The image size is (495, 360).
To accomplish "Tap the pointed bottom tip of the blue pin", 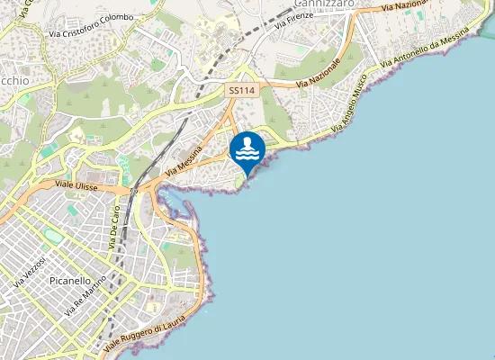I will (247, 169).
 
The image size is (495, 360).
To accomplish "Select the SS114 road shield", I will (240, 91).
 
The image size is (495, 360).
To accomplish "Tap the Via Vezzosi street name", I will (29, 270).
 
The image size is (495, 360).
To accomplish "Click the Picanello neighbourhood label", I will (70, 281).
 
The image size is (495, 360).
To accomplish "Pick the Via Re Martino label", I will (86, 294).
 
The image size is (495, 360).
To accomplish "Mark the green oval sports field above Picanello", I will (54, 236).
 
